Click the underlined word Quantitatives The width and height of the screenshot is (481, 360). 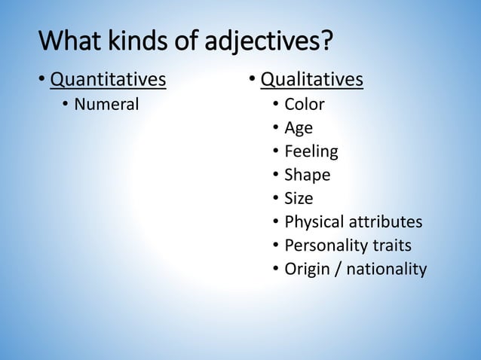coord(108,79)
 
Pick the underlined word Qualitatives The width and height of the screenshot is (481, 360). coord(312,79)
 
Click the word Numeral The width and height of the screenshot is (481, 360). coord(106,104)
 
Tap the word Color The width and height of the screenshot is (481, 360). coord(304,104)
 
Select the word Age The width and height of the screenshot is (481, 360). coord(299,128)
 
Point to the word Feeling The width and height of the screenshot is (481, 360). coord(311,151)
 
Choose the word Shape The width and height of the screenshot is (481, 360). coord(307,175)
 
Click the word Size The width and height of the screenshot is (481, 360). coord(298,198)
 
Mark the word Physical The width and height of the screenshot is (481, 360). coord(313,222)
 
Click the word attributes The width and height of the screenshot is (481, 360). coord(384,222)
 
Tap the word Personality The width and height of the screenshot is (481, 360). coord(325,246)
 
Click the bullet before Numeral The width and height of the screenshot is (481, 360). coord(65,105)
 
